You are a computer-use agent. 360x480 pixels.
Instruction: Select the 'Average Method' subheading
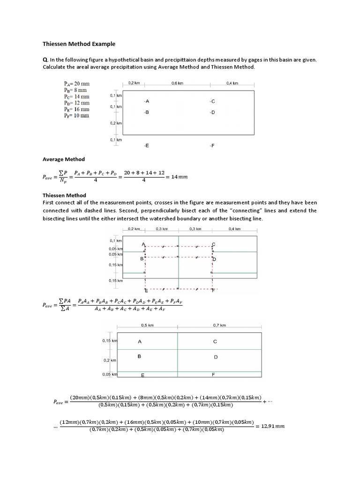[x=63, y=159]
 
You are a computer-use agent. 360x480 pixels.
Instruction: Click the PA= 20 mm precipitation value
[x=76, y=83]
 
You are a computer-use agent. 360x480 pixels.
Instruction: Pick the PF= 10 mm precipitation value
[x=76, y=116]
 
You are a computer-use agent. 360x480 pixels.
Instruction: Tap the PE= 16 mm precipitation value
[x=76, y=109]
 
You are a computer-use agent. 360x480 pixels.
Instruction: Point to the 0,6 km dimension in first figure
[x=177, y=83]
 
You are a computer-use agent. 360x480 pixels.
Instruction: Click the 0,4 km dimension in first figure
[x=232, y=83]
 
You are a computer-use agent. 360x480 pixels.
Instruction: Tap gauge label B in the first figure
[x=147, y=112]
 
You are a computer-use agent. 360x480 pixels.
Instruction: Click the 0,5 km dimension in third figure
[x=147, y=324]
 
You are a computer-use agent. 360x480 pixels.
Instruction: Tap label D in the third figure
[x=216, y=357]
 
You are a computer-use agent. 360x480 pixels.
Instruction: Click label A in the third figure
[x=139, y=342]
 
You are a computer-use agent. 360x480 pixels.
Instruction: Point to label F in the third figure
[x=214, y=375]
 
